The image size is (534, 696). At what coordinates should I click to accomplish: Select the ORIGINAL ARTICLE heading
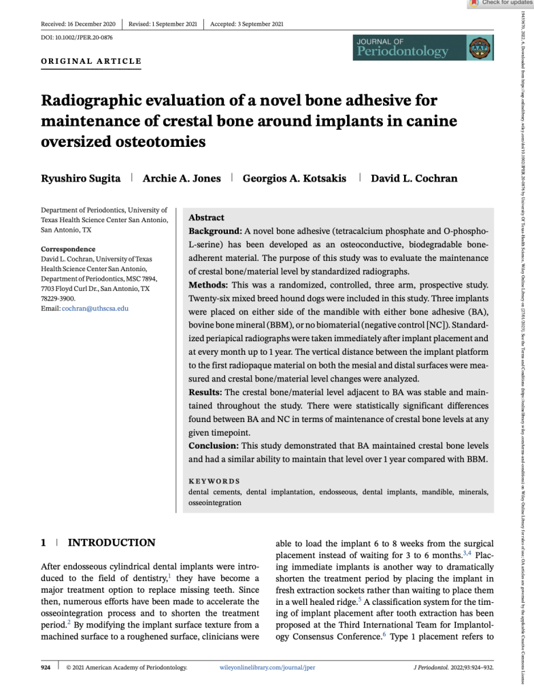91,61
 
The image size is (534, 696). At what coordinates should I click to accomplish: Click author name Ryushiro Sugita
81,178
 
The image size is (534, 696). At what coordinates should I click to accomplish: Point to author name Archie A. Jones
182,178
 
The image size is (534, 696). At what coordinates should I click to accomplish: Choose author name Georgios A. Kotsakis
295,178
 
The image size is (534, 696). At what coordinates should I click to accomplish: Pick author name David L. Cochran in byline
414,178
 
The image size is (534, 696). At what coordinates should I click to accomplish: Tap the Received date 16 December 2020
78,24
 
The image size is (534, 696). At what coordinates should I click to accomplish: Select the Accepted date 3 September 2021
247,24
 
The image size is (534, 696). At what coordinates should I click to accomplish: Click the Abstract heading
206,217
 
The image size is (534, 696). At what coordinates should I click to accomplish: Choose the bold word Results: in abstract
205,392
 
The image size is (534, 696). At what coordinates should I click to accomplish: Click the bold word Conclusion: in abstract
213,445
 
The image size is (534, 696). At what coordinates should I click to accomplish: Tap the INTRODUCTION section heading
112,542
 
